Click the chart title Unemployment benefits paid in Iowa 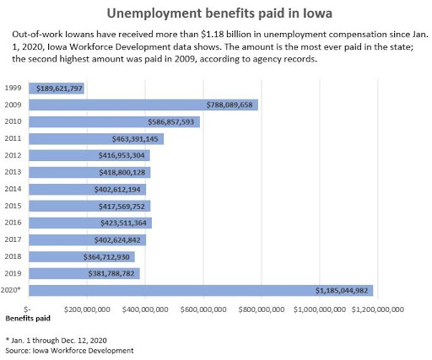click(219, 13)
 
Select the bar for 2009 click(143, 105)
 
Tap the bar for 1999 click(57, 89)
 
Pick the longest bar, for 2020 click(201, 290)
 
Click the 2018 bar click(82, 257)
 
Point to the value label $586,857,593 click(171, 122)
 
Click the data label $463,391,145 click(135, 139)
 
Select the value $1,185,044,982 click(342, 291)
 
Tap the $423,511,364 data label click(123, 223)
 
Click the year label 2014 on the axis click(13, 189)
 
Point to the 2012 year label click(13, 155)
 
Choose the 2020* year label click(11, 290)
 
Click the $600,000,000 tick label click(203, 309)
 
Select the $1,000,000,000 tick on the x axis click(320, 309)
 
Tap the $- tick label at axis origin click(27, 309)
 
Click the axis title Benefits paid click(28, 319)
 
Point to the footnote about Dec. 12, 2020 click(56, 341)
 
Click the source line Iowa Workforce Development click(69, 351)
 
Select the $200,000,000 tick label click(87, 309)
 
